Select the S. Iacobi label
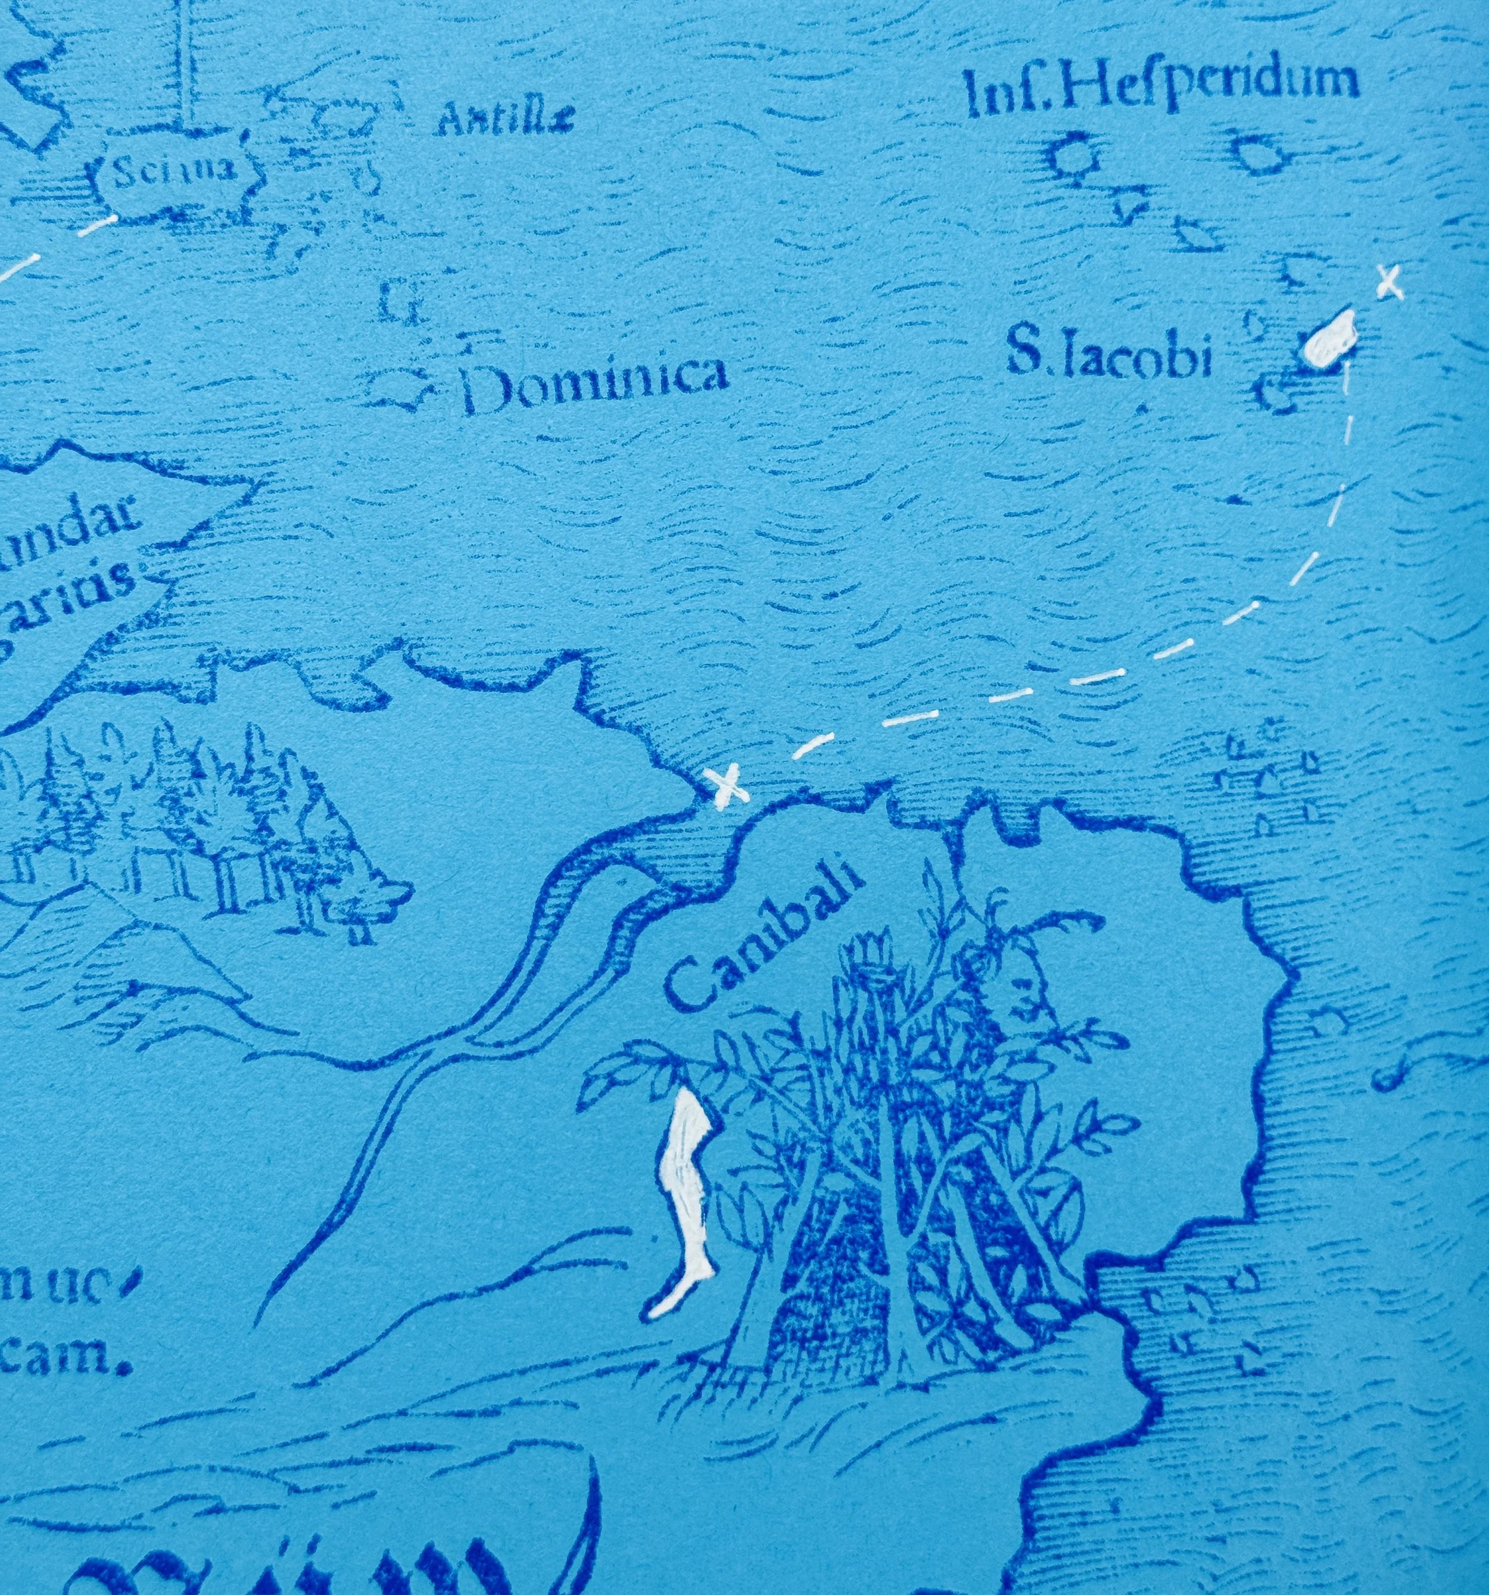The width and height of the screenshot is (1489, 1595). point(1108,358)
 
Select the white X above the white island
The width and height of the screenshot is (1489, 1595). point(1389,282)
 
